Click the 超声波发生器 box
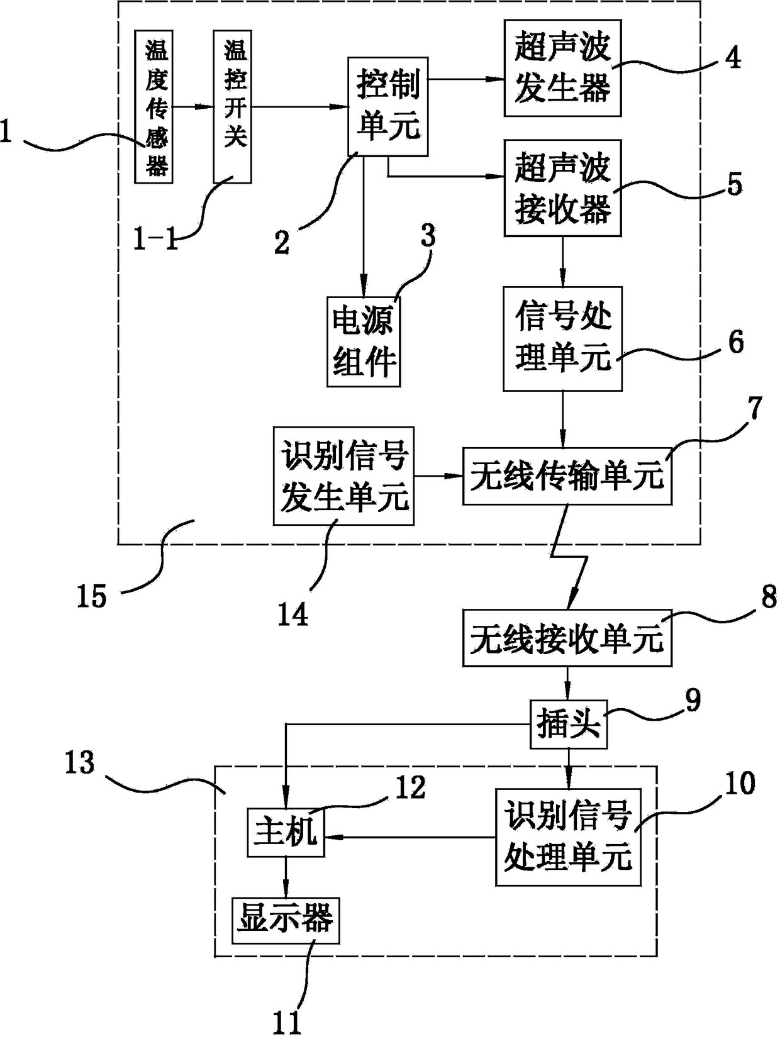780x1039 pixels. [x=562, y=68]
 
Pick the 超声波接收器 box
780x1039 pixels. [x=562, y=187]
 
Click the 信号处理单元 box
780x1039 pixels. [x=562, y=338]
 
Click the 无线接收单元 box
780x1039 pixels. [x=567, y=638]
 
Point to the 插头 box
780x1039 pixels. [x=569, y=725]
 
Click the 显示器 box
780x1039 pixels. [x=286, y=920]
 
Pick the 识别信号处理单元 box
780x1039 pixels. [x=568, y=836]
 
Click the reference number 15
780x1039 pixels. [x=92, y=595]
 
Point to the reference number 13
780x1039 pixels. [x=79, y=763]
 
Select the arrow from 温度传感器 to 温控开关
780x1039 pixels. [x=193, y=107]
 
